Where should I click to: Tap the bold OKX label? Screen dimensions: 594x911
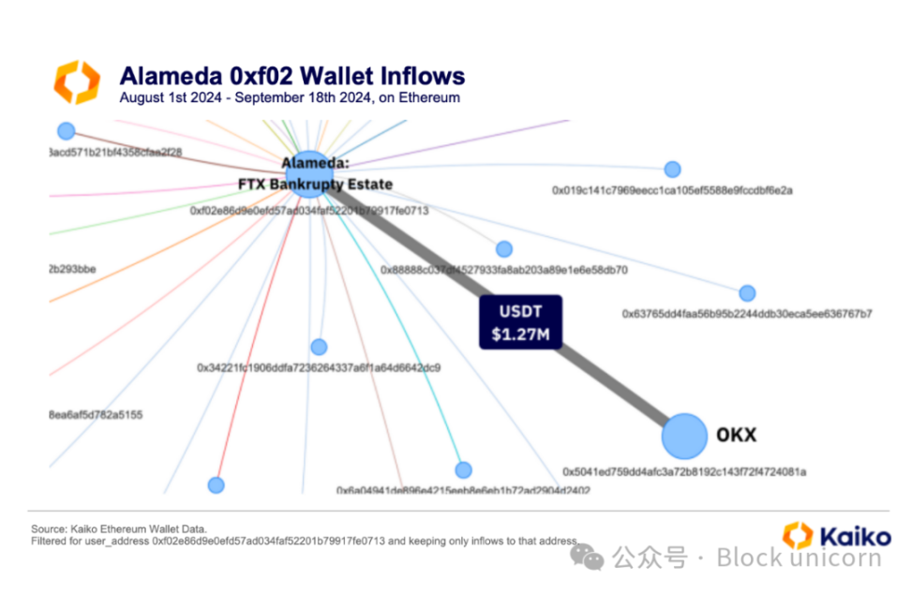tap(736, 435)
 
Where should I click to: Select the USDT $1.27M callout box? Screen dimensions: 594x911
tap(520, 322)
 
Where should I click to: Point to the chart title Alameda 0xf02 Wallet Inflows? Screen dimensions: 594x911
tap(291, 76)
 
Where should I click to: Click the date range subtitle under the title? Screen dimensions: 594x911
tap(290, 97)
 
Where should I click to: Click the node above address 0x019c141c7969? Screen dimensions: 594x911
tap(672, 170)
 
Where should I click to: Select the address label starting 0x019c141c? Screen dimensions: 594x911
tap(672, 190)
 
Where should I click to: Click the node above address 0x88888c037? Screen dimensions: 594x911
tap(504, 249)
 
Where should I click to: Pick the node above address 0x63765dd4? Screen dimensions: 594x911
tap(747, 293)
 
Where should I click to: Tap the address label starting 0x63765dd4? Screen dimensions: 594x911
tap(747, 314)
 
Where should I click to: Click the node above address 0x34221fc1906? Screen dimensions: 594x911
tap(319, 347)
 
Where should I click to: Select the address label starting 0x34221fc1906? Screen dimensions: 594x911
tap(319, 367)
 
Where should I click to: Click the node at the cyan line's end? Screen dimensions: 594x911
tap(463, 469)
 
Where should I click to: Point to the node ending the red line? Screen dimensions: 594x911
tap(217, 484)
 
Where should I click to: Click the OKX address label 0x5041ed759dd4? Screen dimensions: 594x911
tap(684, 471)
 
